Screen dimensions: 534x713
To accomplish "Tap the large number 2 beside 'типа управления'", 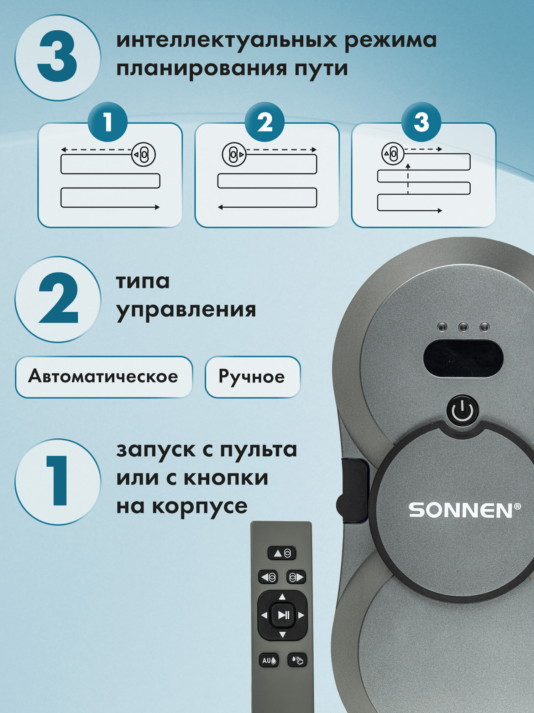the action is [58, 298].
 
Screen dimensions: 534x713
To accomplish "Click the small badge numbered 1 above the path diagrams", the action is [108, 122].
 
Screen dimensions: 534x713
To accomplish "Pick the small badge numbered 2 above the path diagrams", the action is [265, 122].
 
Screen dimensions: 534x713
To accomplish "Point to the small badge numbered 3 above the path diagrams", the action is [421, 122].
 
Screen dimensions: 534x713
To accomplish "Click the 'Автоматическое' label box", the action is [104, 377].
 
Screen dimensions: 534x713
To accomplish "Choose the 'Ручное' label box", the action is [252, 377].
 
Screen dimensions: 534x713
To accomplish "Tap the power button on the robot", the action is [462, 411].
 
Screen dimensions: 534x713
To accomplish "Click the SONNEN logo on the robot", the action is [464, 510].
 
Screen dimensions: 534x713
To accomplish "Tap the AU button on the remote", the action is [269, 660].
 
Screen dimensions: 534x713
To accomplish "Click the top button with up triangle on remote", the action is [282, 553].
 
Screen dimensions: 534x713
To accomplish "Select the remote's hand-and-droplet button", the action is [297, 660].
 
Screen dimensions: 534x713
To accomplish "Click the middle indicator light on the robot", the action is [463, 327].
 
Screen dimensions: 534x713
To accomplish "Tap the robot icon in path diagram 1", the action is [143, 154].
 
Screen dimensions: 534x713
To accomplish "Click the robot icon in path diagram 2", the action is [234, 154].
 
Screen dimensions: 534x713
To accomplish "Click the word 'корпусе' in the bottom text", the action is [200, 507].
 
